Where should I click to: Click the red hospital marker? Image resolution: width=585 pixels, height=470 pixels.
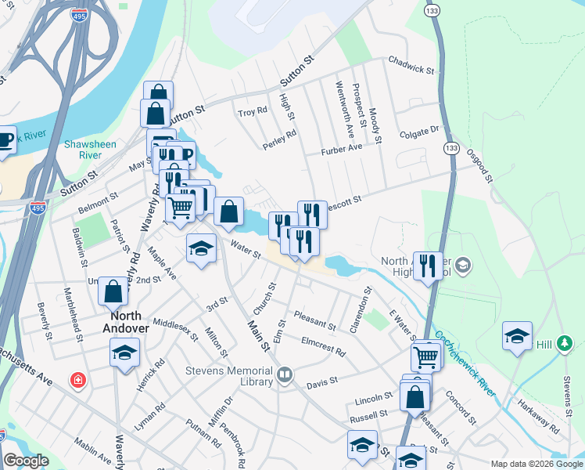[78, 381]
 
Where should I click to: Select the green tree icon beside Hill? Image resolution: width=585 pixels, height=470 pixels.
[567, 343]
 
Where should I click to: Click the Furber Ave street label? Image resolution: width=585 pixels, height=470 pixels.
[342, 148]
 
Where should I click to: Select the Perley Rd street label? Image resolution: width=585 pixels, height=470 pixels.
[280, 136]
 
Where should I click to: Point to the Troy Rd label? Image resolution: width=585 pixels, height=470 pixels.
[253, 113]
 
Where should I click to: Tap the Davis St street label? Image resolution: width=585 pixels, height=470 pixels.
[321, 383]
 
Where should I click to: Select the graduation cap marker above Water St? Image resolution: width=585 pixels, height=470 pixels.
[201, 249]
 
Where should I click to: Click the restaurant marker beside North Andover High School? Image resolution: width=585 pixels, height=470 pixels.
[427, 265]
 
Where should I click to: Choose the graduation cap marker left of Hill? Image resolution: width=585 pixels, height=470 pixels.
[517, 335]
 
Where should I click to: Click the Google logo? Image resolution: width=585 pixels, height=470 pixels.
[26, 461]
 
